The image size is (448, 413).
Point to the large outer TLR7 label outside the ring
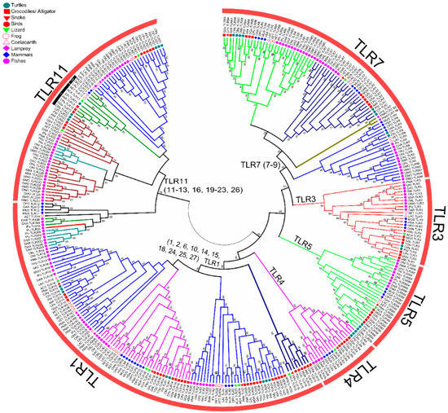coord(380,51)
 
